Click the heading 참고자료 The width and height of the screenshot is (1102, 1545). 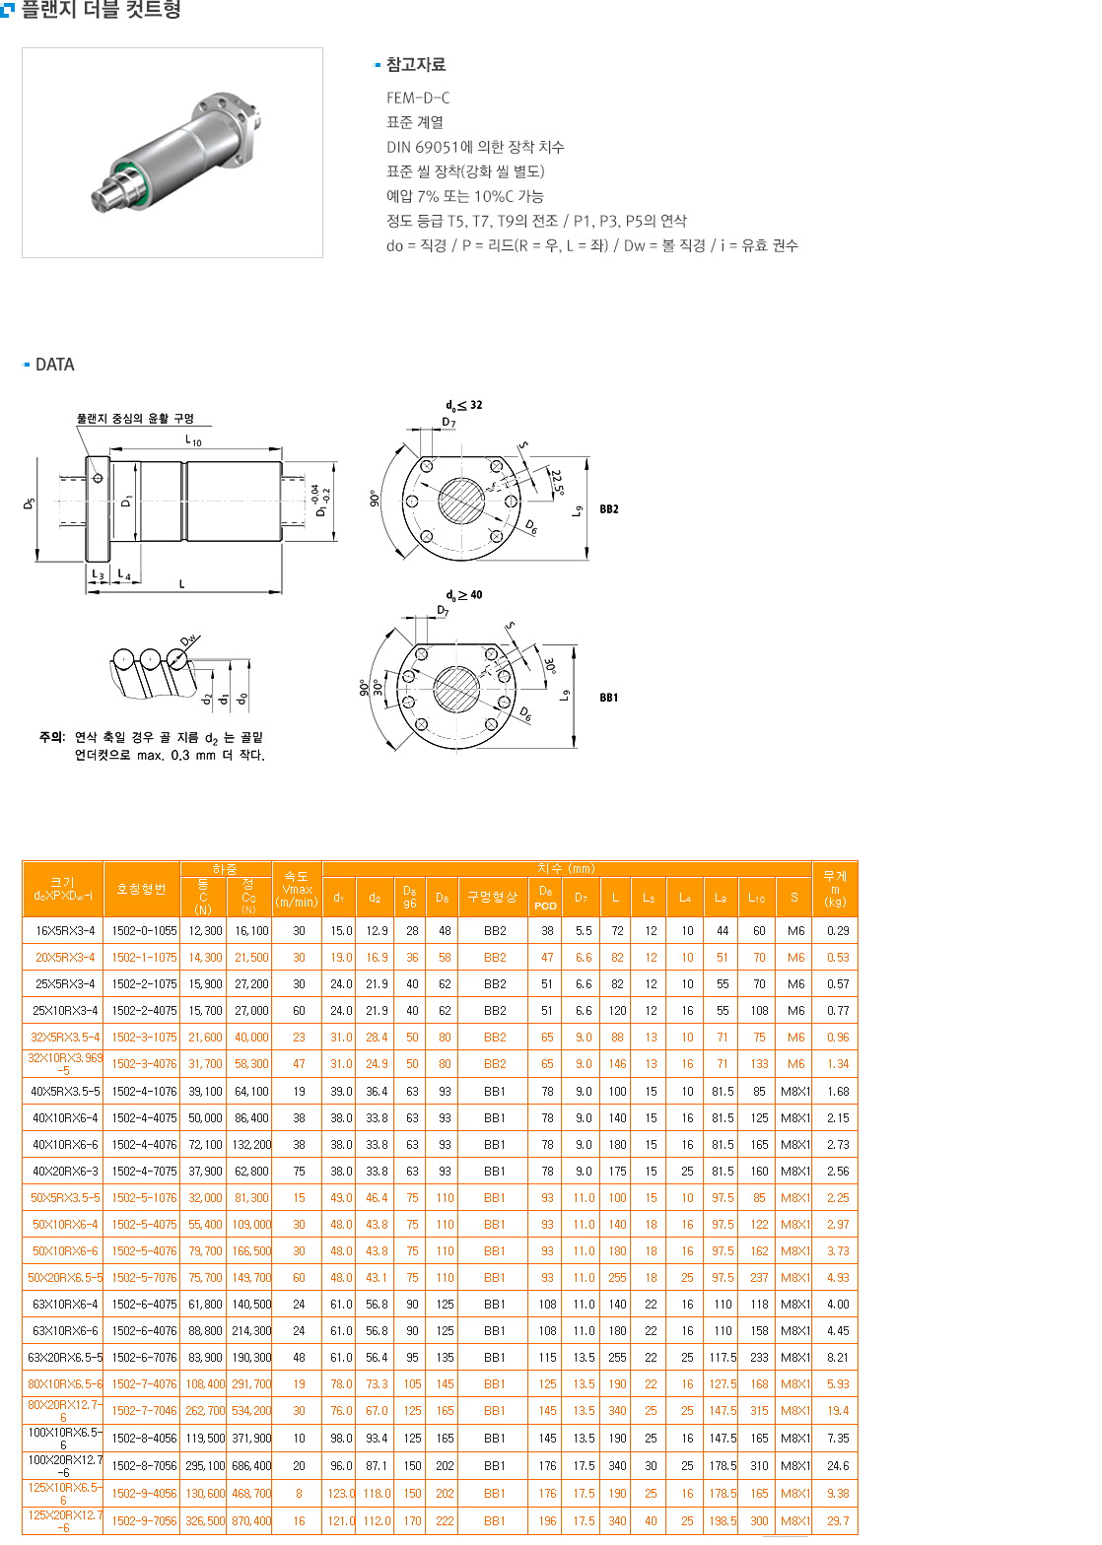pos(415,64)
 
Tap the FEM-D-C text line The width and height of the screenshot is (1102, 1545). pos(418,98)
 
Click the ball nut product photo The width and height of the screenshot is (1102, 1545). pos(172,153)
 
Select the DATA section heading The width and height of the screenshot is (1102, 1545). pos(54,365)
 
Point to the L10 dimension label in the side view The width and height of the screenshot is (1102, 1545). pos(193,440)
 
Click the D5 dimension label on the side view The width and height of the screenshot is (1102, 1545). pos(30,503)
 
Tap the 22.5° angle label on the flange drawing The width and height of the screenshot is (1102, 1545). pos(557,483)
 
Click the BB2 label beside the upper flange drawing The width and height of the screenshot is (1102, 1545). pos(609,509)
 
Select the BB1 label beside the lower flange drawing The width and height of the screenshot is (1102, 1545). pos(609,698)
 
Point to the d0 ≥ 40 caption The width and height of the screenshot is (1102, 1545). pos(463,595)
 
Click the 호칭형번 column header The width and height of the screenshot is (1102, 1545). pos(141,889)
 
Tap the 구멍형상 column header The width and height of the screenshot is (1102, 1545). pos(492,897)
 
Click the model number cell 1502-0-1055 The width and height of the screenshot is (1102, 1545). pos(144,930)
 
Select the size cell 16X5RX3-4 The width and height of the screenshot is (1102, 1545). pos(65,930)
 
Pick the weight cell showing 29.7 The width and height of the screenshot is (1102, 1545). pos(838,1520)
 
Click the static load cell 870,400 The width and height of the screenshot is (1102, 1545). pos(251,1520)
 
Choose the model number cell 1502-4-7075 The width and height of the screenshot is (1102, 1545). pos(144,1171)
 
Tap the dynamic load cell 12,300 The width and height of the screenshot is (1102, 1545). pos(205,930)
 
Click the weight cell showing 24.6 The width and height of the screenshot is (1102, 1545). pos(838,1465)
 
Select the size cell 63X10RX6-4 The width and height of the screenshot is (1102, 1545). pos(65,1304)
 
